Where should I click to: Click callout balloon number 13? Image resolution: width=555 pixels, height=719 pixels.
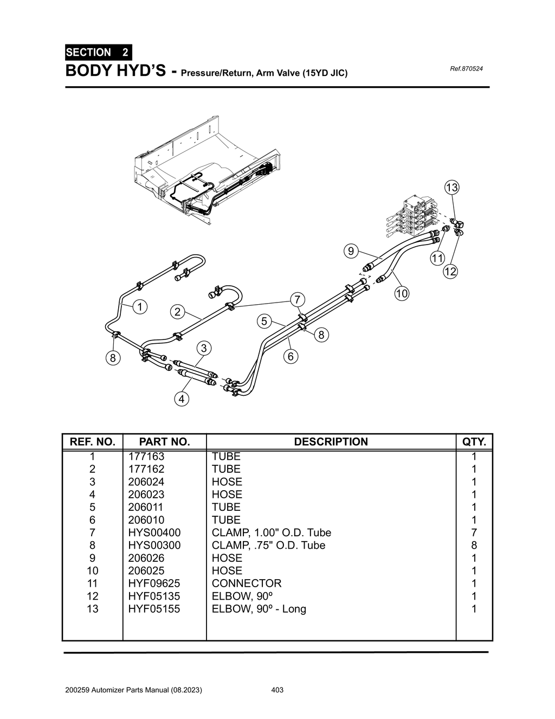tap(451, 188)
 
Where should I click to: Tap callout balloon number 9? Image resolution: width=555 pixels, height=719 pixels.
tap(351, 251)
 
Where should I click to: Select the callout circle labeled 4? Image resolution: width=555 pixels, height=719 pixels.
tap(181, 399)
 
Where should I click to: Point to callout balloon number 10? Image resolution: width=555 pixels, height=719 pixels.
tap(401, 294)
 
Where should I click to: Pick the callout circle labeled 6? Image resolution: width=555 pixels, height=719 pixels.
tap(291, 357)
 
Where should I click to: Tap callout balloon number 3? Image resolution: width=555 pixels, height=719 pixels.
tap(203, 348)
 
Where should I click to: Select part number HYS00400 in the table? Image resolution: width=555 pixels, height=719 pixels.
tap(154, 532)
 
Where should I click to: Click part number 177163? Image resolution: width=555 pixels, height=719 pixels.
tap(146, 457)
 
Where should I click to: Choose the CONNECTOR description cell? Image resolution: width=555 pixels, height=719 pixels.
tap(247, 583)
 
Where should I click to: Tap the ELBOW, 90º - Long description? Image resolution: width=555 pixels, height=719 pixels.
tap(259, 609)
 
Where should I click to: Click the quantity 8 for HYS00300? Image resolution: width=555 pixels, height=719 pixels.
tap(474, 545)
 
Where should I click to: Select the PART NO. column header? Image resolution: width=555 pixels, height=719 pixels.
tap(164, 442)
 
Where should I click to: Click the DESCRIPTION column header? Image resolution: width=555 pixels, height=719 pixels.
tap(331, 442)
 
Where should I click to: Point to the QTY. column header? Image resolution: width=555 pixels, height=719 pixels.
tap(474, 442)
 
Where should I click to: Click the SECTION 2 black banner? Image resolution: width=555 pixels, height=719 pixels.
tap(98, 53)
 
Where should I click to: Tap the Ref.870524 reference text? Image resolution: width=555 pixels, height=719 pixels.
tap(466, 69)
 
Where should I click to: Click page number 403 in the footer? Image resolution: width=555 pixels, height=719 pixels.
tap(277, 690)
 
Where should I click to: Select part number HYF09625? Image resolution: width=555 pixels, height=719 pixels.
tap(154, 583)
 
